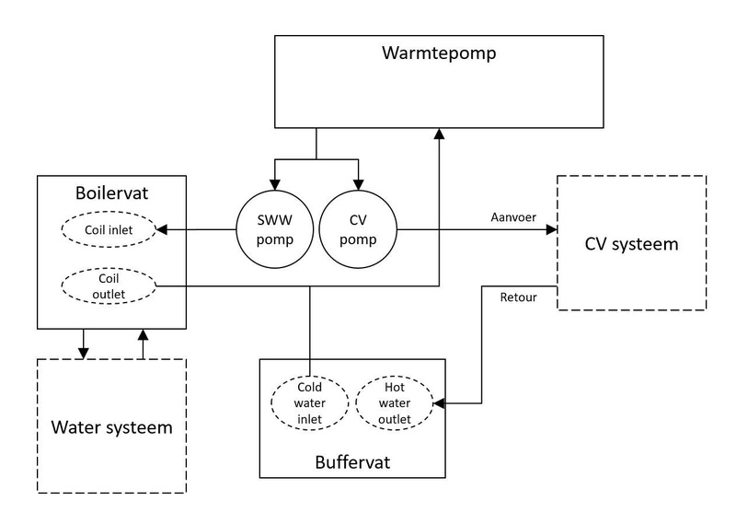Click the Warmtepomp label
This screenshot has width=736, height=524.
tap(439, 52)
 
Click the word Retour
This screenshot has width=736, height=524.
tap(520, 297)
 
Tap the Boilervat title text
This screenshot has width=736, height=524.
tap(112, 195)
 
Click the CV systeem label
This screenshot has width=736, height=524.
tap(631, 244)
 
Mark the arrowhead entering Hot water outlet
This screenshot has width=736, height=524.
tap(439, 403)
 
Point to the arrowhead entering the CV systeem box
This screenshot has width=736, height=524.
tap(551, 230)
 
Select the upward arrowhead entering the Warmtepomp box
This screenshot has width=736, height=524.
tap(439, 134)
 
